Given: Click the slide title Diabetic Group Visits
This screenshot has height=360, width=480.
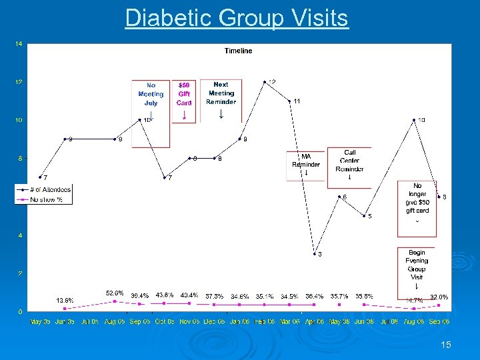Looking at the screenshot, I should [x=237, y=18].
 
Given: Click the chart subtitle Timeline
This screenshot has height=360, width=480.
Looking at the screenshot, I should [x=238, y=51].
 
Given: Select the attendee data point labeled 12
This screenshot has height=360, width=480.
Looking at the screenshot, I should [x=265, y=82].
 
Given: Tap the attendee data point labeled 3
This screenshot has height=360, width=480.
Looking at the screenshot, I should [x=315, y=254].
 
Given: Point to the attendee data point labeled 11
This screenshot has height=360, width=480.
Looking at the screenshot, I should [x=289, y=101].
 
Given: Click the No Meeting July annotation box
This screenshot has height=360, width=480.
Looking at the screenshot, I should [x=151, y=95].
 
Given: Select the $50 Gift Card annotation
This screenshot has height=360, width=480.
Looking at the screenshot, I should [x=184, y=94].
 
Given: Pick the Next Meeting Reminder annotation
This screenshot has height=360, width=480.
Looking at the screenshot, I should [x=221, y=93].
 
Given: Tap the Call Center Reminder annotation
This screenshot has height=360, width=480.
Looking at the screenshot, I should [x=349, y=161].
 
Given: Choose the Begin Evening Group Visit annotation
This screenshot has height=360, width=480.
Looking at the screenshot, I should [x=417, y=265].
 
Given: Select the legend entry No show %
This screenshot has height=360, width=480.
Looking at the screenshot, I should [x=46, y=199].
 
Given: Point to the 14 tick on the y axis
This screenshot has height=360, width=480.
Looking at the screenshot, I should [x=19, y=44].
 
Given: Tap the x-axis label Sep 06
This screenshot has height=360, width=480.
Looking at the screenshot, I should [x=437, y=321].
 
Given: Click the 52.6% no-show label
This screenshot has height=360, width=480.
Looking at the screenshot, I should [x=115, y=293].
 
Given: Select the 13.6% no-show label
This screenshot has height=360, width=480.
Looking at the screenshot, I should [x=65, y=300].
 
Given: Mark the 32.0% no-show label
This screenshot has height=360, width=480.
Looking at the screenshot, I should [x=439, y=297].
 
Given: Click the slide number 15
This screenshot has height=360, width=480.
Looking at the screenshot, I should [x=446, y=345].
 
